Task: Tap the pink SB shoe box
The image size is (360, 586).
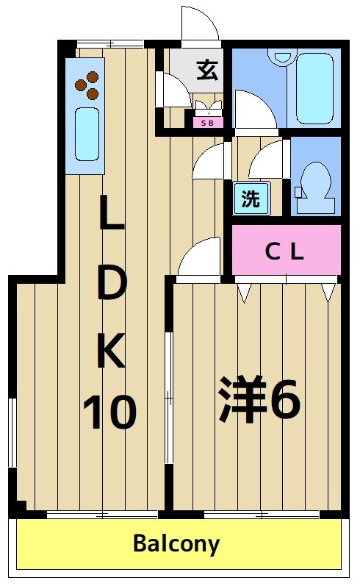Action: coord(208,122)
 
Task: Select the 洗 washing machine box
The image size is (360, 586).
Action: coord(251,199)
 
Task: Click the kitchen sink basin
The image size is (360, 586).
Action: coord(87,133)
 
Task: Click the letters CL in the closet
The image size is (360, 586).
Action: coord(284,252)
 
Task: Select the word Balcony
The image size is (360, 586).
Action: coord(176,544)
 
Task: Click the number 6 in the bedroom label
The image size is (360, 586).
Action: coord(285,401)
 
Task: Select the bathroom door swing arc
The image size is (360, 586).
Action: coord(253,109)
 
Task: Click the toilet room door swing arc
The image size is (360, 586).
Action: coord(265,159)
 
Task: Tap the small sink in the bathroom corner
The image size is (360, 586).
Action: coord(281,58)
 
